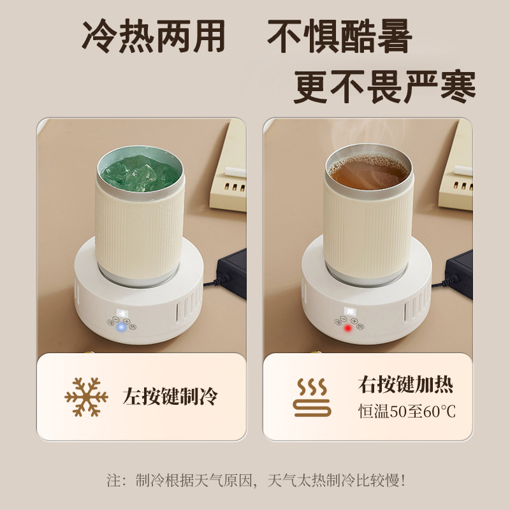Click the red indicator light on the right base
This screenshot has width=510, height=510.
pos(347,328)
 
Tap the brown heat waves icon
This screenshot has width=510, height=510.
pos(312,397)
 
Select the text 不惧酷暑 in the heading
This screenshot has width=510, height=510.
pos(339,38)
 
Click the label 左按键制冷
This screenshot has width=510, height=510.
pos(170,397)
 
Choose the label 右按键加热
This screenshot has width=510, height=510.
pos(405,386)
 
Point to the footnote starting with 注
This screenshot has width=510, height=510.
pos(255,479)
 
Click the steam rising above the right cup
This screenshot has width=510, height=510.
pos(357,137)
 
